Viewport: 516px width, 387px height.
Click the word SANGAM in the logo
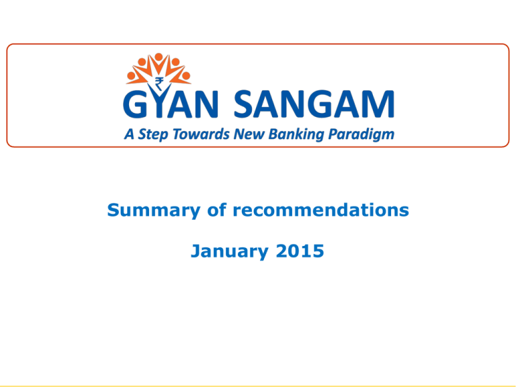pos(314,103)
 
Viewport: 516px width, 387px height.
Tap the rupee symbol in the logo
pos(160,84)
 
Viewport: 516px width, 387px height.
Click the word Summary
pos(154,210)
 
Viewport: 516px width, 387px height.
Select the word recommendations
pos(321,210)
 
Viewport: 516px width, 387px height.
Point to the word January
pos(229,251)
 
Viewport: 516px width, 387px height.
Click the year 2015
pos(300,251)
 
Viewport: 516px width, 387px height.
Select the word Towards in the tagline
pos(201,134)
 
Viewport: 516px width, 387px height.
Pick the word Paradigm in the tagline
pos(361,134)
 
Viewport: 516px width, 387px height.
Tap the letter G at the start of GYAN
pos(134,104)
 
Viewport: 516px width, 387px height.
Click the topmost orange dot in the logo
pos(159,57)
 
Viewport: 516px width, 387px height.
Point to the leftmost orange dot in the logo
pos(131,76)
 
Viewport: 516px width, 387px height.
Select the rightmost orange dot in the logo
pos(186,76)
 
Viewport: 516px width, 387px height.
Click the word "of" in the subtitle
pos(216,210)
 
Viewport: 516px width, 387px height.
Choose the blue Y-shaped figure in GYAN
pos(159,100)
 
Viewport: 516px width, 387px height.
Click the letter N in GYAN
pos(206,104)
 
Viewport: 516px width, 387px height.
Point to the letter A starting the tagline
pos(129,134)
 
